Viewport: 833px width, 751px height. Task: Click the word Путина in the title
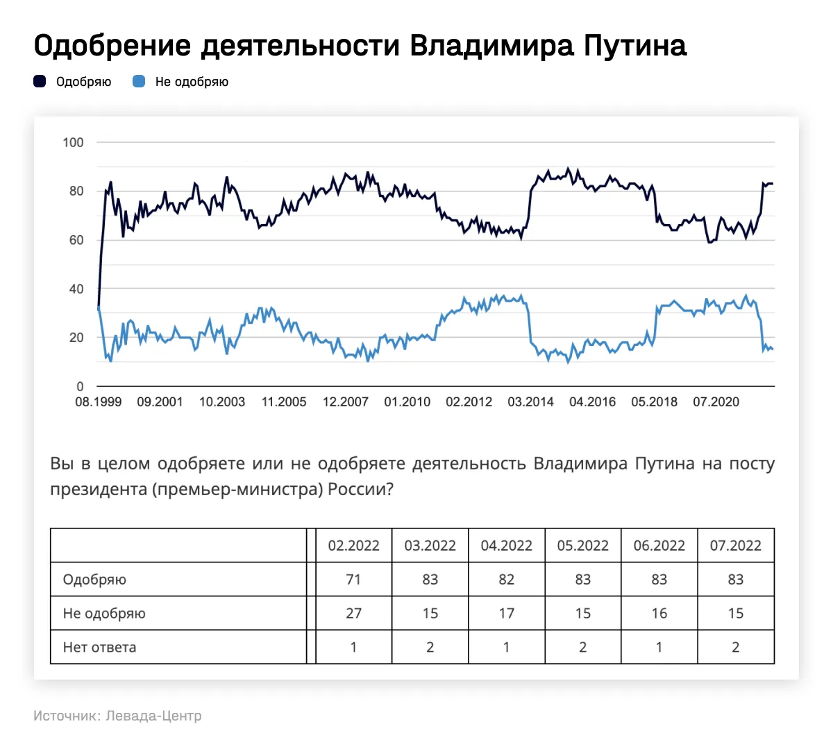point(634,46)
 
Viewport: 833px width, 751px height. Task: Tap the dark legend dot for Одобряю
point(40,82)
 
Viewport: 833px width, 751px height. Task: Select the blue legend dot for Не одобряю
point(139,82)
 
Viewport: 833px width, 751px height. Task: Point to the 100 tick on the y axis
point(73,142)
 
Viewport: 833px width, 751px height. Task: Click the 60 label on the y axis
point(76,240)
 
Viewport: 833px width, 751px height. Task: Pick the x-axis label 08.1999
point(98,402)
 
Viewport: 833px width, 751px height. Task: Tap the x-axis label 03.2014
point(530,402)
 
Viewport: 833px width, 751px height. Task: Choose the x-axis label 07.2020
point(716,402)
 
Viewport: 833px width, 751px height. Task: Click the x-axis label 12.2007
point(345,402)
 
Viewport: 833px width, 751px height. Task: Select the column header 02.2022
point(353,546)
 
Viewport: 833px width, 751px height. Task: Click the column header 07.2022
point(735,546)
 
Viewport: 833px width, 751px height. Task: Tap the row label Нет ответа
point(99,648)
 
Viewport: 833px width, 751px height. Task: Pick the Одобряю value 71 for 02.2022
point(353,580)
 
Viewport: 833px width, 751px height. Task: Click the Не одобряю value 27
point(353,614)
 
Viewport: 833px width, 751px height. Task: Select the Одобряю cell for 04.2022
point(506,580)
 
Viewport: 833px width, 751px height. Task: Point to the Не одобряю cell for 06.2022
point(659,614)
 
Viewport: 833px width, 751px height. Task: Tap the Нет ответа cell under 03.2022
point(430,648)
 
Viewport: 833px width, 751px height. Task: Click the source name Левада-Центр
point(153,716)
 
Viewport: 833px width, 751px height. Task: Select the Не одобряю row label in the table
point(104,614)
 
